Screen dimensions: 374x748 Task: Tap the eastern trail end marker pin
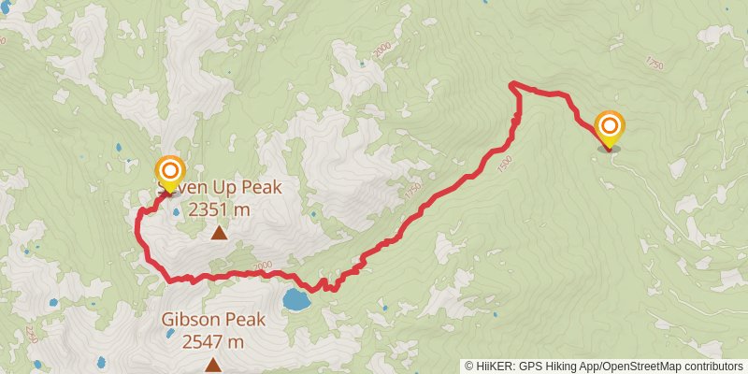[x=610, y=127]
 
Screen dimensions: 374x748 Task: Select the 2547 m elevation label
[x=213, y=341]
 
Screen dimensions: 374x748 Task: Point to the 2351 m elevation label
[x=219, y=209]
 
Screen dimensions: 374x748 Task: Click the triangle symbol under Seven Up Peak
[x=219, y=232]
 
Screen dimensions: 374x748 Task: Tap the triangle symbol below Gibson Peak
[x=213, y=365]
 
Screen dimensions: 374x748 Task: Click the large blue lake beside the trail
[x=296, y=300]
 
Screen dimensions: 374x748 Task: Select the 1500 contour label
[x=505, y=163]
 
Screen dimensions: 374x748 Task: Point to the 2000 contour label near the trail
[x=263, y=266]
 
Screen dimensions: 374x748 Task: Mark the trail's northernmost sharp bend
[x=512, y=85]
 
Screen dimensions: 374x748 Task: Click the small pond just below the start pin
[x=176, y=211]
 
